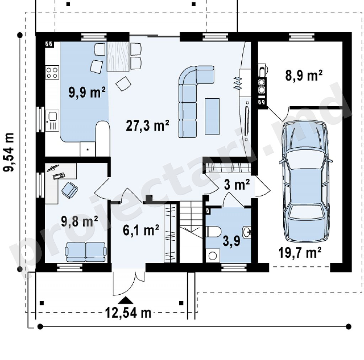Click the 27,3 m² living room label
[148, 126]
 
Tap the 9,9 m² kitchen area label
[87, 92]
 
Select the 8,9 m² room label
[304, 75]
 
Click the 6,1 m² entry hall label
[141, 230]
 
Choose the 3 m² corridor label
[237, 185]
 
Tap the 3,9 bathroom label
[231, 241]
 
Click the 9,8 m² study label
[79, 221]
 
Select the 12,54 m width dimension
[128, 313]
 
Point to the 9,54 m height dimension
[9, 152]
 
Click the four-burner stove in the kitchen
[52, 72]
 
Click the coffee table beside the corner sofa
[212, 116]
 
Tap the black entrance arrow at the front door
[126, 300]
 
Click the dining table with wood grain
[118, 56]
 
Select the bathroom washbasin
[247, 232]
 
